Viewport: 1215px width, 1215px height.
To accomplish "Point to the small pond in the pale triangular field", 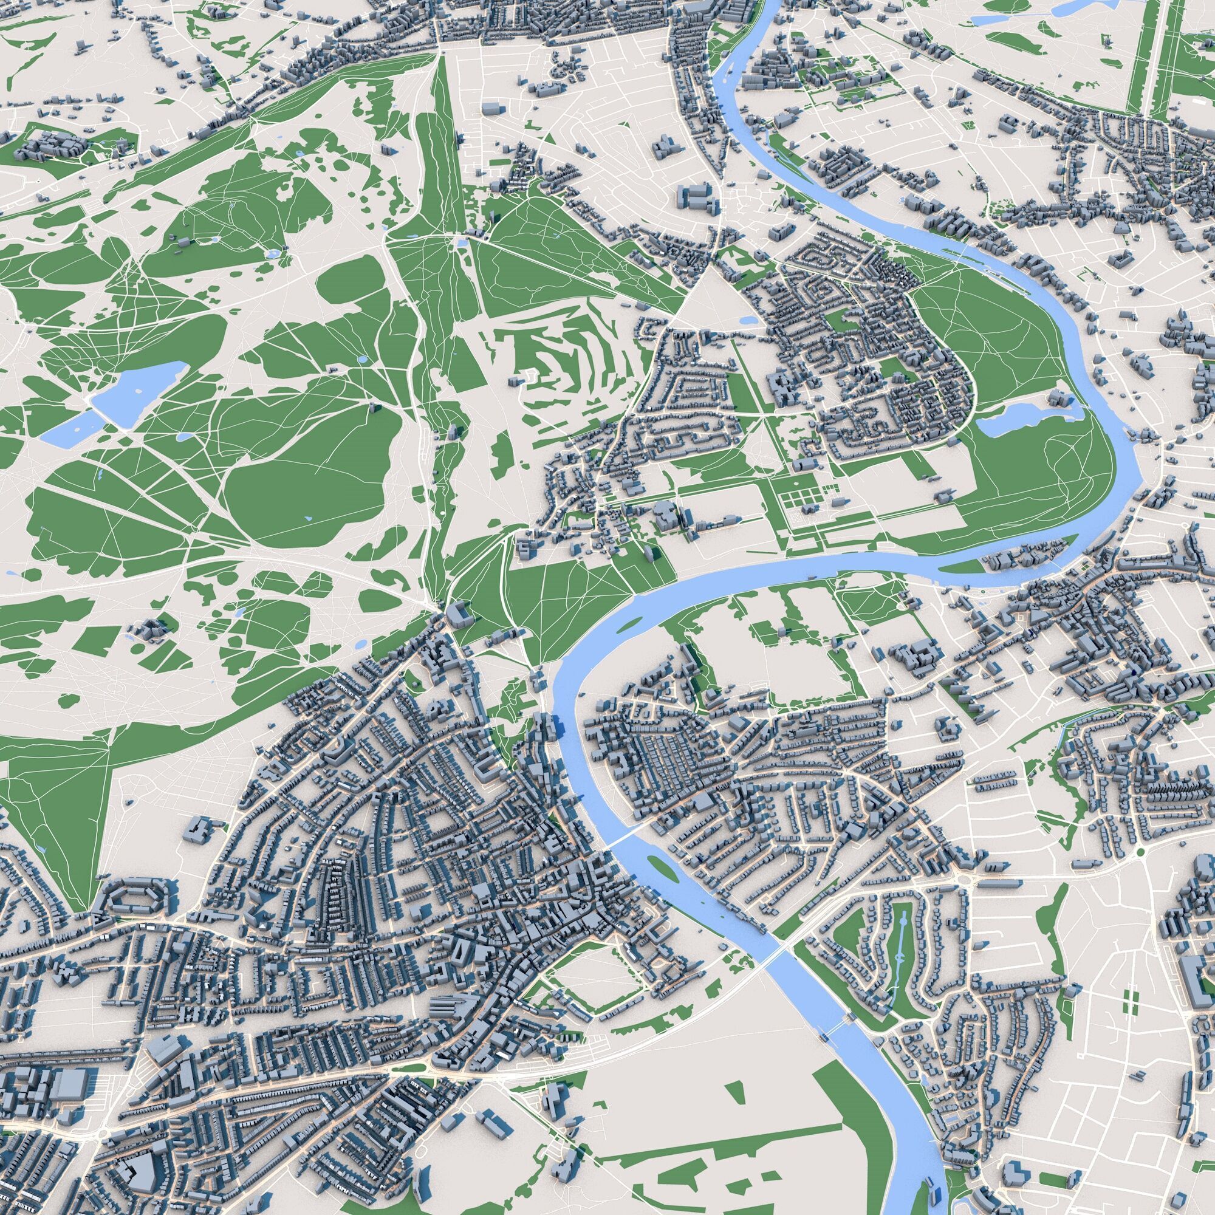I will point(748,320).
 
